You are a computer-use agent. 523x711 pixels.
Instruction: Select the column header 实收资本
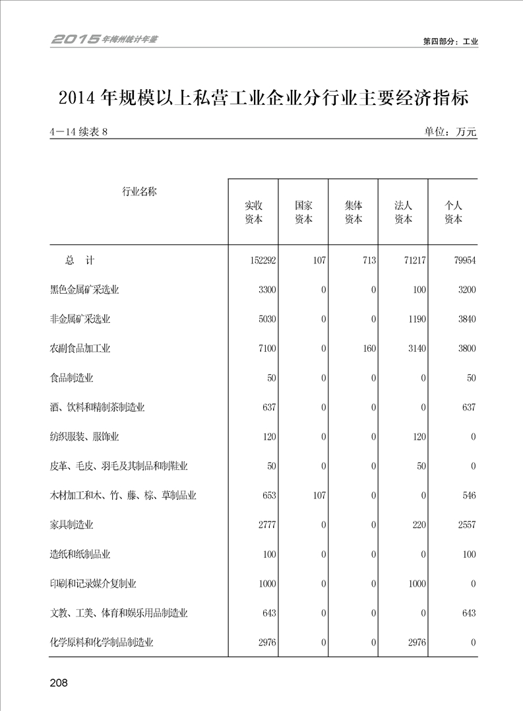pyautogui.click(x=253, y=213)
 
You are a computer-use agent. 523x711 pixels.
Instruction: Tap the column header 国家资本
pyautogui.click(x=303, y=213)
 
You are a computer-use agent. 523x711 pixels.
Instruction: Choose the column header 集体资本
pyautogui.click(x=354, y=213)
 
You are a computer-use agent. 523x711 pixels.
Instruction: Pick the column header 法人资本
pyautogui.click(x=403, y=213)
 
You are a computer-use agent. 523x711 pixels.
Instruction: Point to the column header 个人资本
pyautogui.click(x=453, y=213)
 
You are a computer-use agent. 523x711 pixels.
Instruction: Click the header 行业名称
pyautogui.click(x=139, y=192)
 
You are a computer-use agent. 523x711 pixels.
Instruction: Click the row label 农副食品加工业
pyautogui.click(x=80, y=349)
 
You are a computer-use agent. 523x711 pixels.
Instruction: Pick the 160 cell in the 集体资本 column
pyautogui.click(x=368, y=349)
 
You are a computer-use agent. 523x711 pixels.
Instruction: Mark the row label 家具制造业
pyautogui.click(x=71, y=525)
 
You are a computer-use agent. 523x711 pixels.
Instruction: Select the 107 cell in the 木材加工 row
pyautogui.click(x=319, y=496)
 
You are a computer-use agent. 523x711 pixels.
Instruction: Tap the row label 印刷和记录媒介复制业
pyautogui.click(x=93, y=584)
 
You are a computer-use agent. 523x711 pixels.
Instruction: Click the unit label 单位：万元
pyautogui.click(x=450, y=132)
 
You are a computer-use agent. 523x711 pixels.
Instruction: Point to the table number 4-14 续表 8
pyautogui.click(x=78, y=132)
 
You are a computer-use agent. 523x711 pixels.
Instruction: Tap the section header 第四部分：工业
pyautogui.click(x=450, y=41)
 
